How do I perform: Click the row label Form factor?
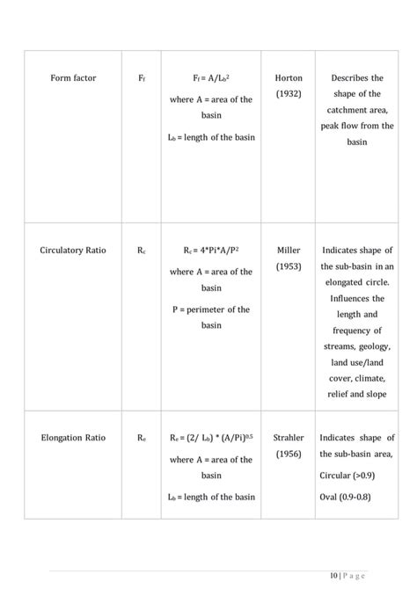(x=73, y=78)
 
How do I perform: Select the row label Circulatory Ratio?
(x=73, y=251)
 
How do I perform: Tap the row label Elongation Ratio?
(x=73, y=437)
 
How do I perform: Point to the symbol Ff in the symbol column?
(x=142, y=79)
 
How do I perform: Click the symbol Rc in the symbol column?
(x=142, y=251)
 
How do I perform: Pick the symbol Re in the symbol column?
(x=142, y=438)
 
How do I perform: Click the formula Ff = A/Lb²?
(x=210, y=78)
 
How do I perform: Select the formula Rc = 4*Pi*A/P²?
(x=210, y=251)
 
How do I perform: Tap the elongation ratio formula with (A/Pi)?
(x=210, y=437)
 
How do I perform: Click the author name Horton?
(x=289, y=78)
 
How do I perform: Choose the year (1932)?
(x=289, y=94)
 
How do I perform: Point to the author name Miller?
(x=289, y=251)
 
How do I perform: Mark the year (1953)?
(x=289, y=265)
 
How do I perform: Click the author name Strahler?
(x=289, y=437)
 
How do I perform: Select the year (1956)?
(x=289, y=453)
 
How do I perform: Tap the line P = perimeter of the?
(x=210, y=309)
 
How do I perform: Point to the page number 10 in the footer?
(x=334, y=576)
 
